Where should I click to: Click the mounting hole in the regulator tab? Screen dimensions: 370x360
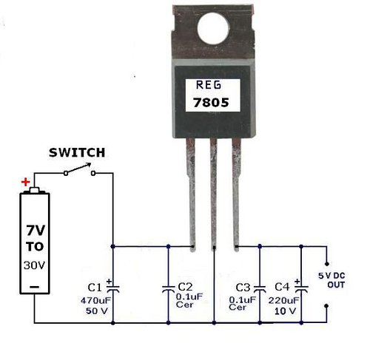point(213,28)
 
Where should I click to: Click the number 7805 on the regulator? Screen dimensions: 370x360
point(211,103)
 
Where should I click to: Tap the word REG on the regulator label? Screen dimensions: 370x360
point(209,85)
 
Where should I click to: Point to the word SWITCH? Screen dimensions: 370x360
point(77,152)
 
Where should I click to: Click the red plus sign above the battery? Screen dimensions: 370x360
point(26,183)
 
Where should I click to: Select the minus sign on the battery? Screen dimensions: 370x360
point(34,287)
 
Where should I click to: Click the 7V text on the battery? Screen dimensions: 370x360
point(36,231)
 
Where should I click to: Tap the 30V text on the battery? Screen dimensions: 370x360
point(34,265)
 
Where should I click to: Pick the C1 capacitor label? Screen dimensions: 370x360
point(95,288)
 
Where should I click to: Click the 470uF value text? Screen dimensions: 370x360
point(95,300)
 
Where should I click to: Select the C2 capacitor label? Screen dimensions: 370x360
point(185,287)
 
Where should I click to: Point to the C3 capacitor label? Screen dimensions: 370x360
point(243,288)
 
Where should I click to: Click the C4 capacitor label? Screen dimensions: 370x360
point(282,287)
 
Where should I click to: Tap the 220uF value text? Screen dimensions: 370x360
point(283,300)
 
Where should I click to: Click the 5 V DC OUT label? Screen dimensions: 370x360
point(332,280)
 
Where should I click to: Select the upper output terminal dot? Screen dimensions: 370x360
point(327,264)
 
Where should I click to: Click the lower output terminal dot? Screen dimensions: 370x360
point(326,306)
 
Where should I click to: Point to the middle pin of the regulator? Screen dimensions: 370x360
point(214,194)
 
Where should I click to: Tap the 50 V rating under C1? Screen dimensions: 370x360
point(97,310)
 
